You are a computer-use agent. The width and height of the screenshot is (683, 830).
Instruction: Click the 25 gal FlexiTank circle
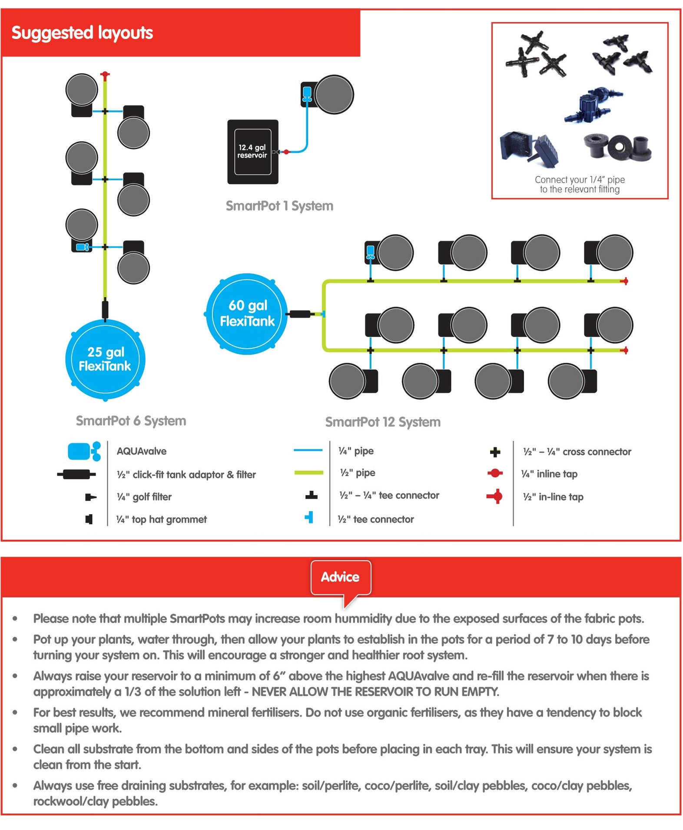click(x=105, y=359)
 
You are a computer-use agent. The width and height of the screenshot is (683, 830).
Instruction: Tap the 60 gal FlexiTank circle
click(x=247, y=314)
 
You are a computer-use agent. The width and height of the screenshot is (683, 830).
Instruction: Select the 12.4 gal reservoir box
click(x=252, y=152)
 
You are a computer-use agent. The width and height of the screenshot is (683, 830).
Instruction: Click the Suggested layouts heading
click(x=82, y=33)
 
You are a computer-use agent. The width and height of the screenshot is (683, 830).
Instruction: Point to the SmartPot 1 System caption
click(x=279, y=206)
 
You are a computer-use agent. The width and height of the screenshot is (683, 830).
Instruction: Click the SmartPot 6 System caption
click(x=131, y=420)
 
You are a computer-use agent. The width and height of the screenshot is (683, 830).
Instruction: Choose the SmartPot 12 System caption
click(x=383, y=422)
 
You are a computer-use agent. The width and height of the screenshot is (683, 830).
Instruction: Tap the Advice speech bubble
click(x=340, y=577)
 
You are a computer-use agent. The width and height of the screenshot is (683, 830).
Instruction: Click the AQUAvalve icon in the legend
click(x=84, y=451)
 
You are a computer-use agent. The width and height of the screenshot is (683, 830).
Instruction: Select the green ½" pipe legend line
click(x=308, y=473)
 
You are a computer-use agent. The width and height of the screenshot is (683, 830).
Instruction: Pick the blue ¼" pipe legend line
click(x=308, y=450)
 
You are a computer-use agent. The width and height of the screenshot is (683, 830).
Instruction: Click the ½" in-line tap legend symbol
click(x=495, y=496)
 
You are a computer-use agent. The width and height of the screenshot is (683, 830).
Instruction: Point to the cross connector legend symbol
click(x=495, y=452)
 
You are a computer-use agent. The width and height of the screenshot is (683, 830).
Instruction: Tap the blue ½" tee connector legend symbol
click(x=309, y=517)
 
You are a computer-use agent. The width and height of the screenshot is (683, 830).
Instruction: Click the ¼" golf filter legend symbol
click(x=90, y=497)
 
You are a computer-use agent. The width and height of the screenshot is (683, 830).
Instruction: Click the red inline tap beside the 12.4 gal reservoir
click(x=286, y=152)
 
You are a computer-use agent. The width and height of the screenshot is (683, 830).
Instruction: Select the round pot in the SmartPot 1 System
click(x=334, y=95)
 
